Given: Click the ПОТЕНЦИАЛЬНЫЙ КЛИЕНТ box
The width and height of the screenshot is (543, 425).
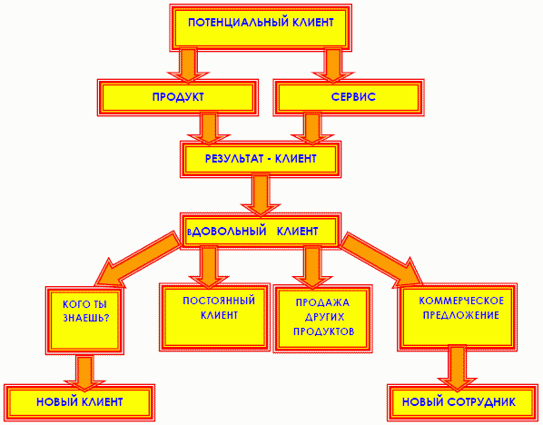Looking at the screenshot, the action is (261, 28).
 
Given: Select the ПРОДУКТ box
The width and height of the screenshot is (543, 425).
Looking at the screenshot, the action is (178, 97).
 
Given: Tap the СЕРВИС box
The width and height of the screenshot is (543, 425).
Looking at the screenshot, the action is (349, 97).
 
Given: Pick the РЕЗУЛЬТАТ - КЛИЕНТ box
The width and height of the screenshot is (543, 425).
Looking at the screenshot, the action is (261, 159).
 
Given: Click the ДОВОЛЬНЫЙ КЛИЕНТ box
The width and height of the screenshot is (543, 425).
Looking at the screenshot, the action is (261, 231).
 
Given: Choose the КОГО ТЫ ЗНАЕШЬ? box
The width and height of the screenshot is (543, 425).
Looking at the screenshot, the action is (84, 321).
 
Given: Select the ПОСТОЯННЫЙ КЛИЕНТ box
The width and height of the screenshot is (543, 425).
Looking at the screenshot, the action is (214, 317).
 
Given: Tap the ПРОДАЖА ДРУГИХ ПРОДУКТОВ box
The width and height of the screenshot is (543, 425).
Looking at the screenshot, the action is (322, 319).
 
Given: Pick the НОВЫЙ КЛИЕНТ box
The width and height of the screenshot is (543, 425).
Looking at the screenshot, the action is (79, 402).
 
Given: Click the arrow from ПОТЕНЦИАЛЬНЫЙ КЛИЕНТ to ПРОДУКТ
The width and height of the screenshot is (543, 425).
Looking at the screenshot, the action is (188, 65).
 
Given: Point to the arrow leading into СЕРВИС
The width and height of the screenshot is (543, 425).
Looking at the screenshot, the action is (333, 65).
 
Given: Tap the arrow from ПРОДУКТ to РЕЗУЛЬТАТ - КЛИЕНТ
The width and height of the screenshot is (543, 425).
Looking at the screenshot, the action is (209, 128).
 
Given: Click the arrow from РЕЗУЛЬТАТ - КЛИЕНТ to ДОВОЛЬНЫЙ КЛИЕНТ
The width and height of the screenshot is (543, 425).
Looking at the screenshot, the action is (261, 196).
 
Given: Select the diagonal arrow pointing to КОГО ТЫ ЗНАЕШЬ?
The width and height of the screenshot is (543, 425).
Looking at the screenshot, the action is (137, 260).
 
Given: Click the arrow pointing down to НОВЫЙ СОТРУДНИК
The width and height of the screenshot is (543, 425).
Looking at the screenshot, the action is (457, 368).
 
